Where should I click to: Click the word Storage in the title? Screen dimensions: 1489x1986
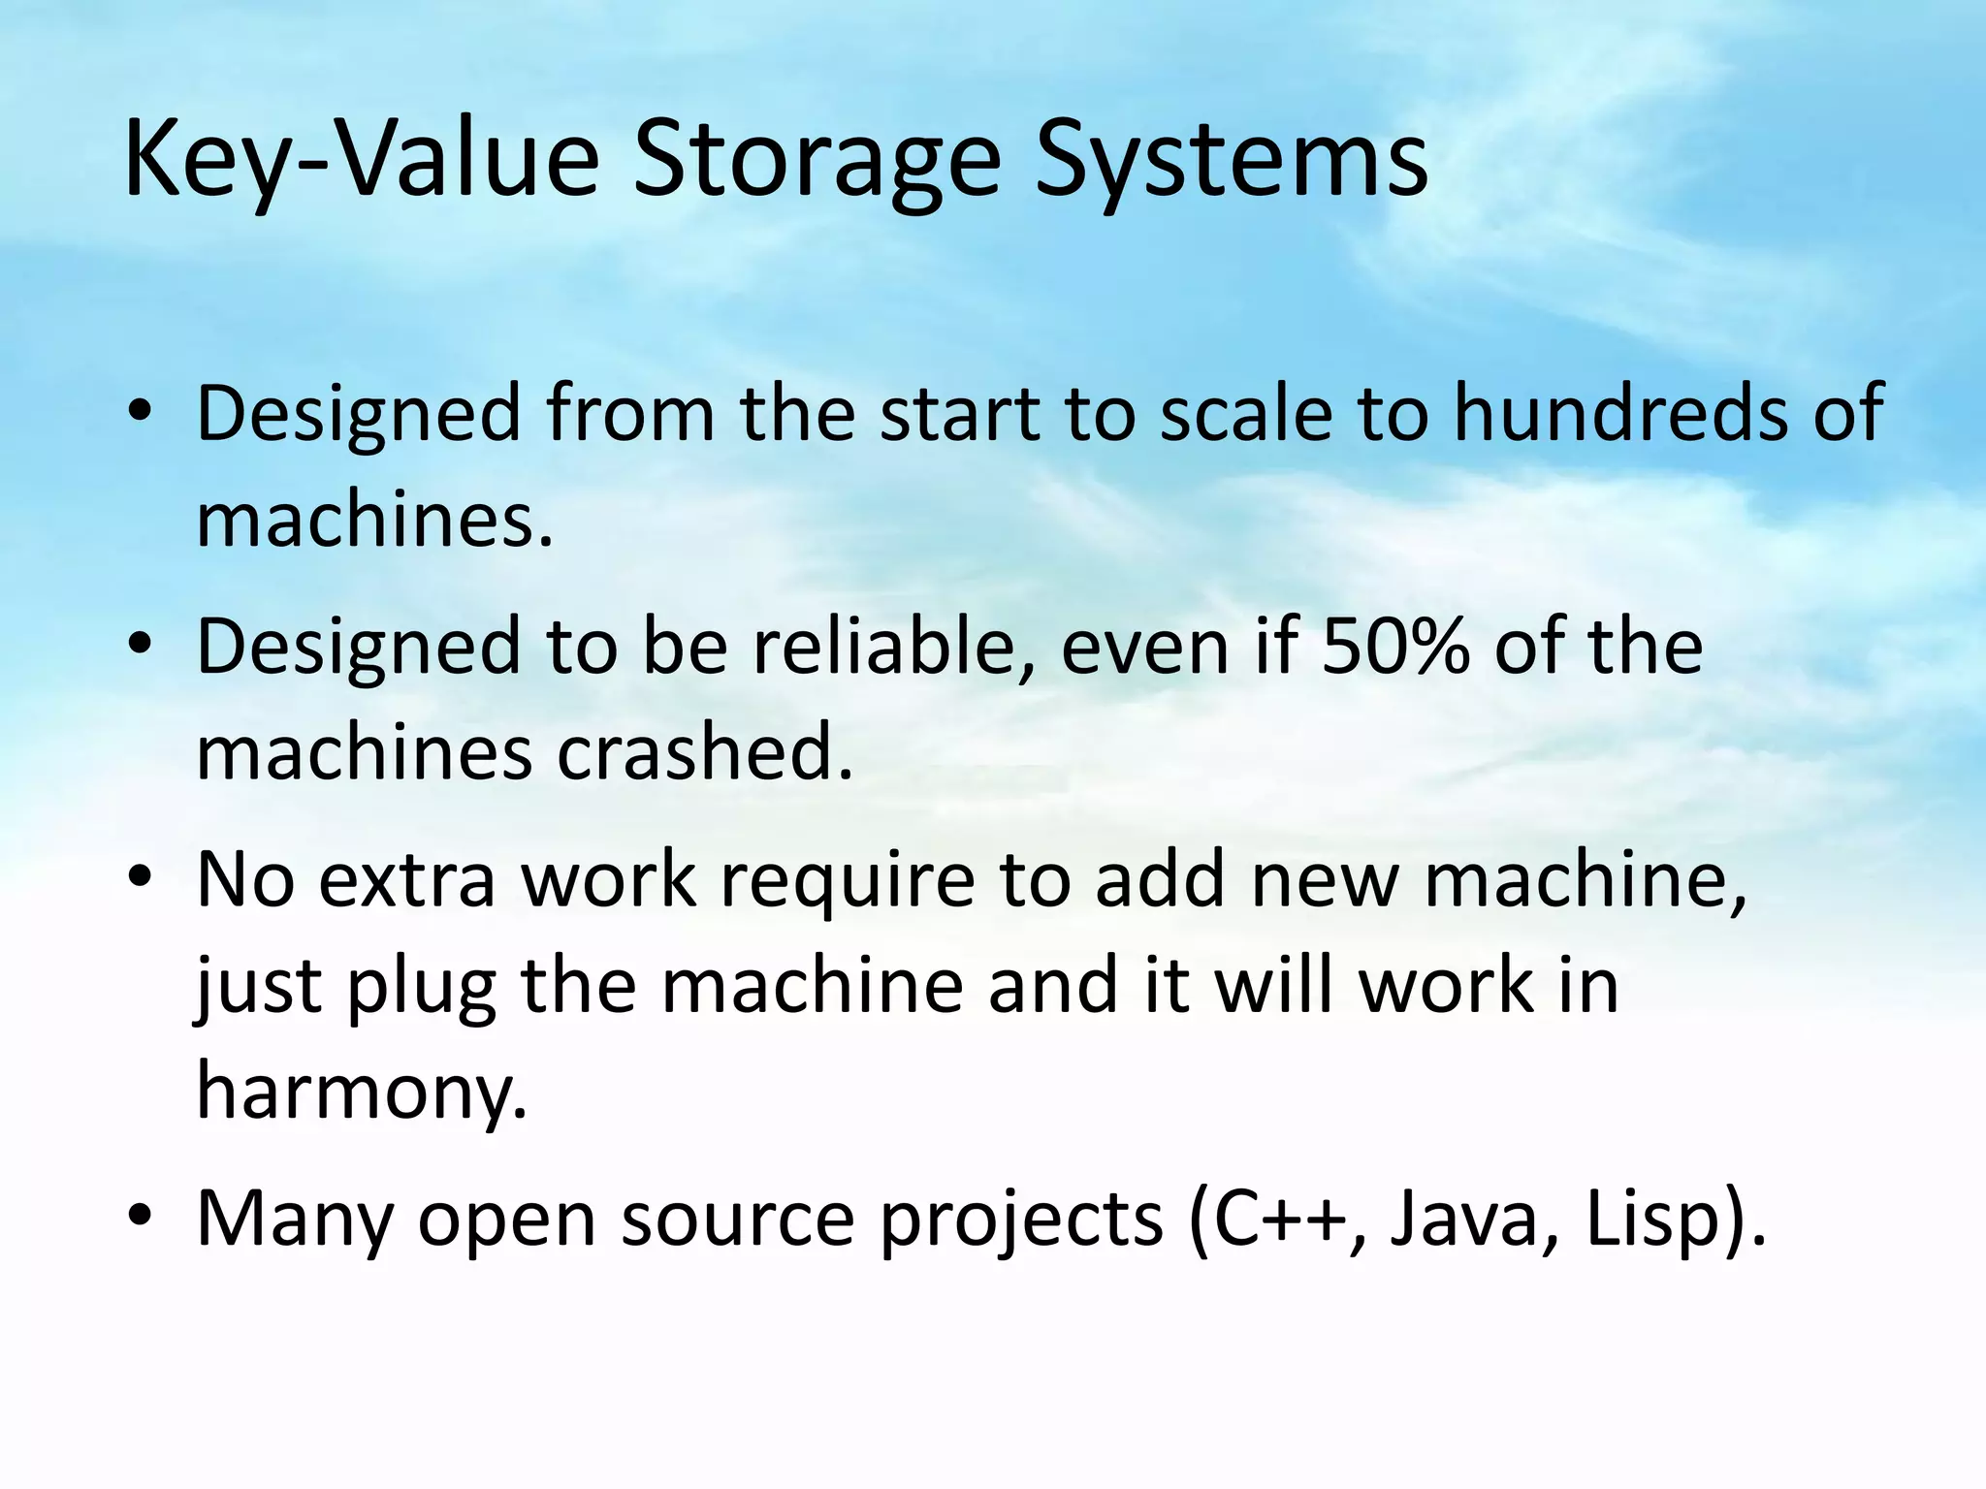tap(817, 160)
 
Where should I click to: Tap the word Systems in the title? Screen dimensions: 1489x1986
tap(1231, 160)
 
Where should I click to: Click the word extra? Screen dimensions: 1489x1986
tap(406, 880)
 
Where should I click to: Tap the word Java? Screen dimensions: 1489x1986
tap(1464, 1219)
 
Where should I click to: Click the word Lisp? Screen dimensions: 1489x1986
tap(1655, 1219)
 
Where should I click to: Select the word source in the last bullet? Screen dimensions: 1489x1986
tap(738, 1220)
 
